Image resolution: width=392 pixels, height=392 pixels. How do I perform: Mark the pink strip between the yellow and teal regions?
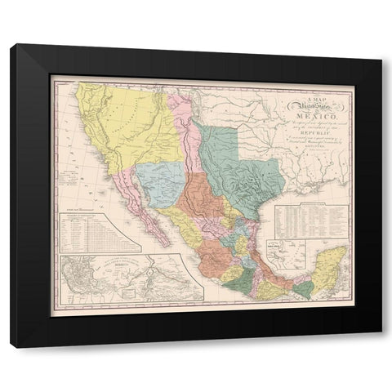[181, 131]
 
